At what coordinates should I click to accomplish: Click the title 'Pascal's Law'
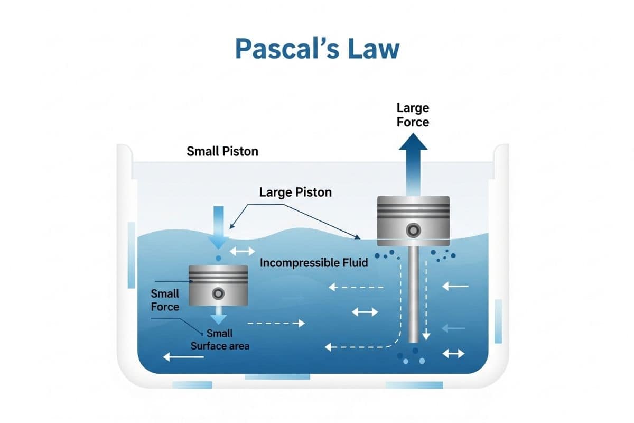click(317, 49)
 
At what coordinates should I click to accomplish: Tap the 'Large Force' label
click(413, 115)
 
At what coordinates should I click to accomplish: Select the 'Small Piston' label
click(222, 151)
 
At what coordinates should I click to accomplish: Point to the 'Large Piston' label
click(295, 192)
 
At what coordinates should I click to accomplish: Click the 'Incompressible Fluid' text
click(314, 262)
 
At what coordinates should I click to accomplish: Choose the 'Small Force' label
click(165, 300)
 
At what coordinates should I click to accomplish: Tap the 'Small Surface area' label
click(219, 340)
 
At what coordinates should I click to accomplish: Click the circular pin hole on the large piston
click(413, 230)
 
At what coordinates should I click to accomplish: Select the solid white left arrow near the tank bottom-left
click(183, 357)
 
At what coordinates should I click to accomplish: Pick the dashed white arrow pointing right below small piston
click(276, 323)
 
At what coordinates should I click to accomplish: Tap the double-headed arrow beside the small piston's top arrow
click(244, 250)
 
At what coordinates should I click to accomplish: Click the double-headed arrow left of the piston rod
click(365, 312)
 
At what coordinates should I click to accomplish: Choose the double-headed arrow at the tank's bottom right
click(453, 353)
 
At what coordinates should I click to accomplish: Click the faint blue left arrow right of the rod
click(454, 328)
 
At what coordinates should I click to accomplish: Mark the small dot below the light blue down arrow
click(218, 258)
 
